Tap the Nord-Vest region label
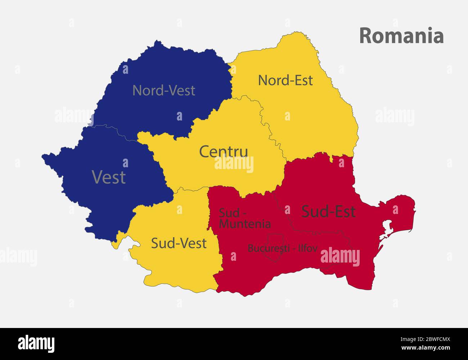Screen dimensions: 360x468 [x=164, y=90]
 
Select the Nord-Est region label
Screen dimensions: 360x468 [x=285, y=80]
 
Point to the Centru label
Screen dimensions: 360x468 [x=224, y=151]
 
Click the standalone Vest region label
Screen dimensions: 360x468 [x=109, y=177]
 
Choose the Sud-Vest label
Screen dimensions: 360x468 [x=179, y=243]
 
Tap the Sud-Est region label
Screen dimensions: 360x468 [x=328, y=211]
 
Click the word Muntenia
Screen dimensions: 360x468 [x=245, y=224]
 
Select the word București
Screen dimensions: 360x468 [x=266, y=248]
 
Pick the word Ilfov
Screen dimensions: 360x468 [x=307, y=248]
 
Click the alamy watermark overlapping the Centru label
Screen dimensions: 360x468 [x=234, y=165]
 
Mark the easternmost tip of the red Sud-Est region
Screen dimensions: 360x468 [x=415, y=209]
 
